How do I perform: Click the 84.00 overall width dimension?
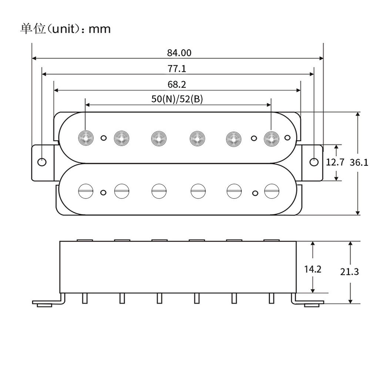179,53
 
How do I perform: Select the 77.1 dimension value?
177,69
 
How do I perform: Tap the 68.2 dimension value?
177,85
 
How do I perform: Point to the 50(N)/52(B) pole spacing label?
177,99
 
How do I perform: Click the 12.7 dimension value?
335,162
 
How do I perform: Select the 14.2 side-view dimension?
313,269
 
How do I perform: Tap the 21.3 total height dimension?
349,272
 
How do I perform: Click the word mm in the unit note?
100,29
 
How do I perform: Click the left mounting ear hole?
42,162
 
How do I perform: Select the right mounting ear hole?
314,162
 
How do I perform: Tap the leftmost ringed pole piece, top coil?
86,138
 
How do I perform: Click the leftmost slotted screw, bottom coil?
86,191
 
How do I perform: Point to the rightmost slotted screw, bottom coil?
272,191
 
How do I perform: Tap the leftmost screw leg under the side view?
85,298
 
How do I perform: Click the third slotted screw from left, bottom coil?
159,191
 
